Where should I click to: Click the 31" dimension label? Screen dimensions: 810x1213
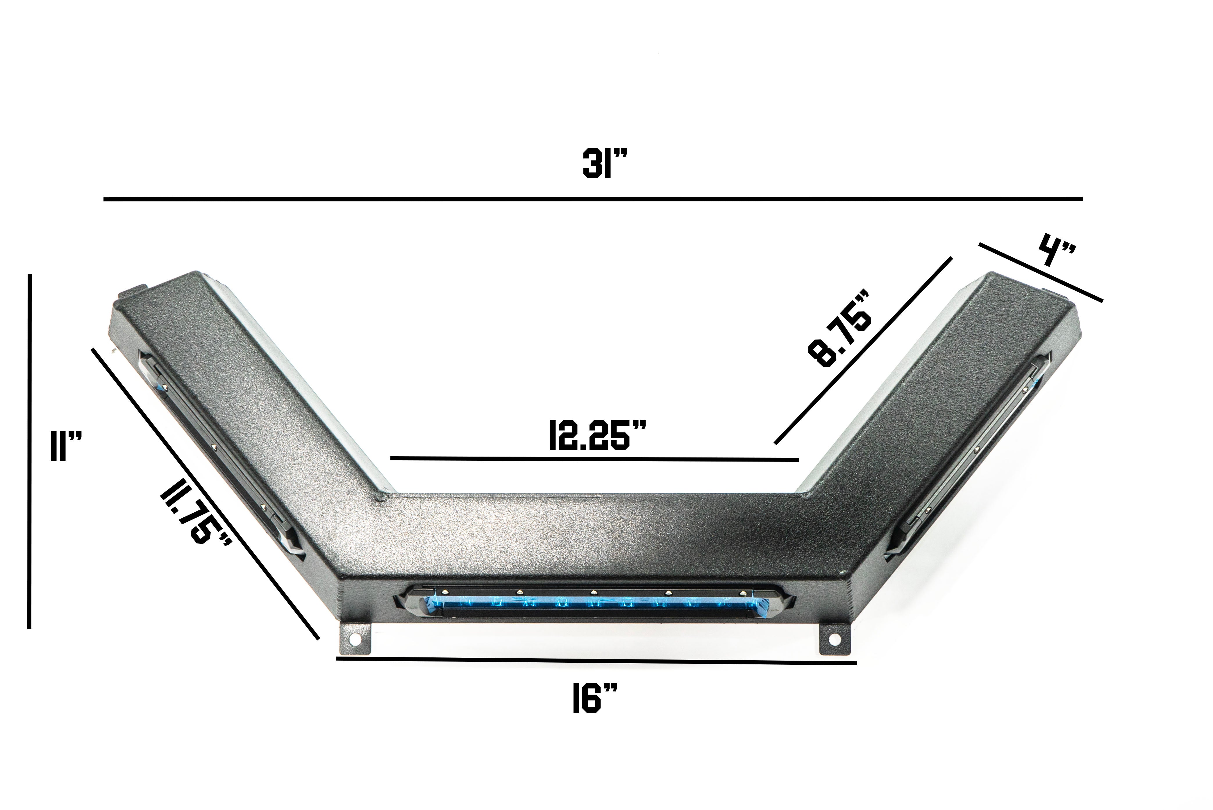tap(604, 164)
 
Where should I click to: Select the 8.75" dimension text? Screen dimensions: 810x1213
tap(841, 329)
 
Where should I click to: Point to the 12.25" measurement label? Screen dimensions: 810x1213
tap(597, 435)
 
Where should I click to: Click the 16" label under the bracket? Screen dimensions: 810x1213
tap(595, 698)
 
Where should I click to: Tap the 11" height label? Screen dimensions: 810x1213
tap(66, 447)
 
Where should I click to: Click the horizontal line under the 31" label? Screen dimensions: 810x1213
tap(593, 199)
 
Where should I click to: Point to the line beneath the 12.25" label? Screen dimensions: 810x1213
tap(594, 459)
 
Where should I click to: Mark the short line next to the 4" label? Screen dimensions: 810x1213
tap(1040, 272)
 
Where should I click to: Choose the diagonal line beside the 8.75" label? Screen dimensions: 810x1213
tap(863, 351)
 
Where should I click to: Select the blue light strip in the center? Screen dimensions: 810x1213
tap(594, 603)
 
